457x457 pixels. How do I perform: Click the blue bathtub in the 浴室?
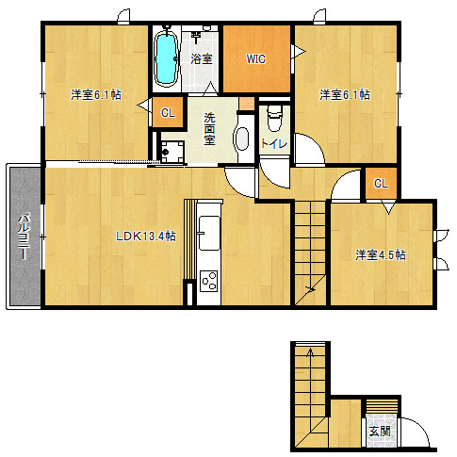166,58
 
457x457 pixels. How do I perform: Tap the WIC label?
256,59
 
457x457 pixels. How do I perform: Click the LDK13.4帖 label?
146,237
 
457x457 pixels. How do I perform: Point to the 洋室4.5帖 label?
381,254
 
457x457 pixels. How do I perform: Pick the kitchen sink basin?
209,233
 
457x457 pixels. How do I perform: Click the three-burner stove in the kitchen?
209,280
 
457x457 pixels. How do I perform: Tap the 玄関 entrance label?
380,431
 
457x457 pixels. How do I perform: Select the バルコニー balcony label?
24,237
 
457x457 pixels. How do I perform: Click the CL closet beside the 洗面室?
168,112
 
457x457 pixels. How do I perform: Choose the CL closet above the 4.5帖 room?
382,183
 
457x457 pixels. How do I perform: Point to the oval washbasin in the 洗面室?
242,139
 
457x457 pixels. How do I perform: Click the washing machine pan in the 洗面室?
171,152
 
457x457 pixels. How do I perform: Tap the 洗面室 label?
209,129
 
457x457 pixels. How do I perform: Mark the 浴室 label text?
202,59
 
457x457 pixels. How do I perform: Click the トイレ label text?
274,143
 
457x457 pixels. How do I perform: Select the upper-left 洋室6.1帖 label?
96,94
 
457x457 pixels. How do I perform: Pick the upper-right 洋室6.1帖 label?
345,94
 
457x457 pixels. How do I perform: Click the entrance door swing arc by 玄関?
418,429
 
